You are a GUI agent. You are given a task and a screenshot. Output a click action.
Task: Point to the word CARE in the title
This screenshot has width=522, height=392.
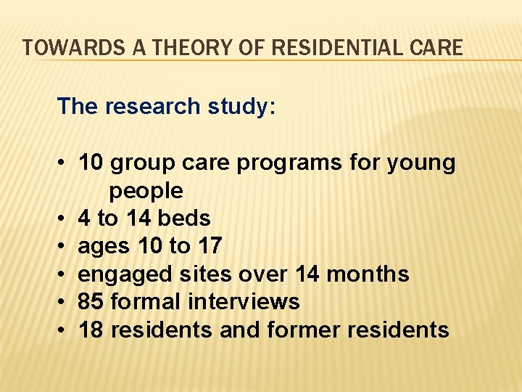pyautogui.click(x=436, y=48)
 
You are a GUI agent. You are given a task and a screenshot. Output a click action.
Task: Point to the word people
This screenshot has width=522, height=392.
pyautogui.click(x=146, y=192)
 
